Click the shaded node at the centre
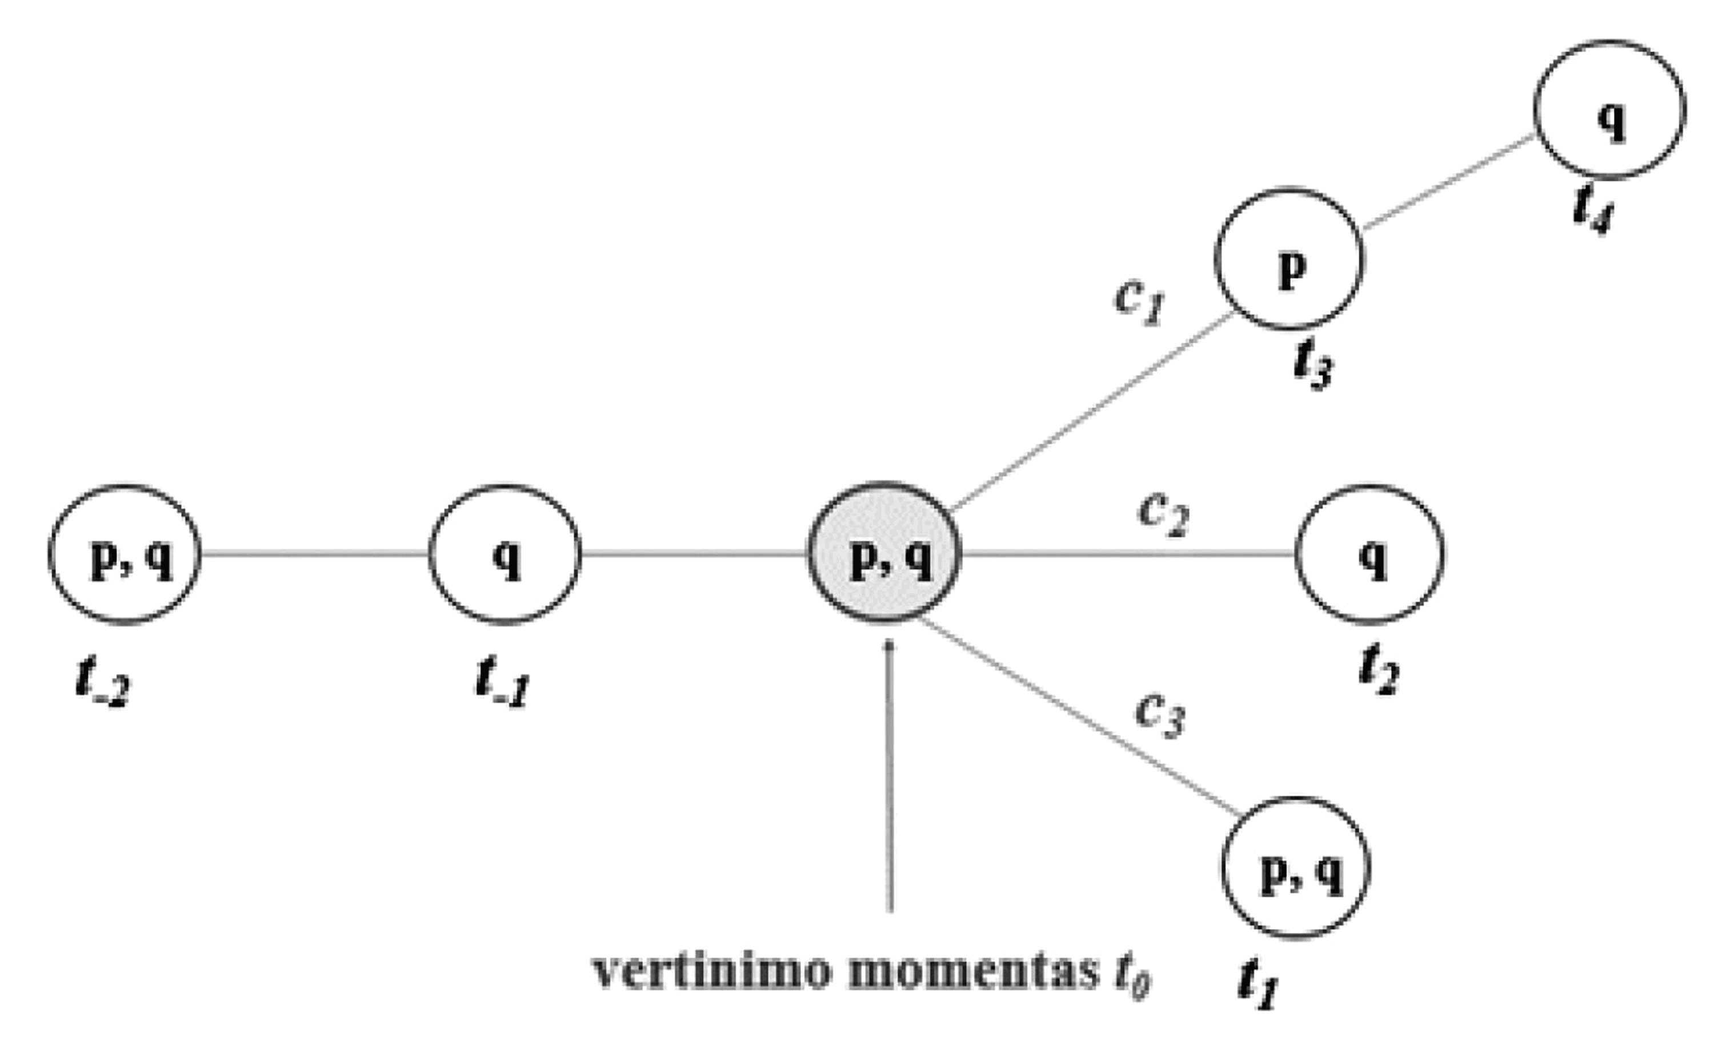pyautogui.click(x=884, y=552)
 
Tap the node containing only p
pyautogui.click(x=1289, y=259)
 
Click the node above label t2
pyautogui.click(x=1369, y=554)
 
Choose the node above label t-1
pyautogui.click(x=504, y=554)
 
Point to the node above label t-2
pyautogui.click(x=125, y=554)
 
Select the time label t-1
pyautogui.click(x=502, y=682)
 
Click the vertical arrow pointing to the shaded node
pyautogui.click(x=888, y=771)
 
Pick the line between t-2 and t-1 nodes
pyautogui.click(x=314, y=554)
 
